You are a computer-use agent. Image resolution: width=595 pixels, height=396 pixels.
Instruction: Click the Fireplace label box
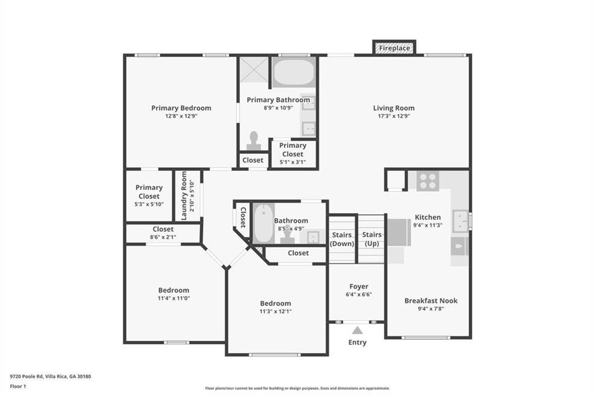tap(395, 48)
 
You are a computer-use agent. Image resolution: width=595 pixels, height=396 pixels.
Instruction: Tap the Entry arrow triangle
tap(357, 330)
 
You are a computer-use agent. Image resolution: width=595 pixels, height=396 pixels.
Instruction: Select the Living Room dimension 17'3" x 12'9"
tap(394, 116)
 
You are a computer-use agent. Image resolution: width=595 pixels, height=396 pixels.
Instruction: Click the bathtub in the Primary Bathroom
tap(293, 73)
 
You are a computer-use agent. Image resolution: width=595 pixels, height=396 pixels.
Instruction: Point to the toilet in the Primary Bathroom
tap(253, 141)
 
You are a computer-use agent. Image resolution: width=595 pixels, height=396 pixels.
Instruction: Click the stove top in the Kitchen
tap(428, 181)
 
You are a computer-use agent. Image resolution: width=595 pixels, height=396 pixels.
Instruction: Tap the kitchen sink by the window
tap(460, 221)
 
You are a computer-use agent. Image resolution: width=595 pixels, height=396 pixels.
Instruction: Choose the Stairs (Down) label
tap(342, 239)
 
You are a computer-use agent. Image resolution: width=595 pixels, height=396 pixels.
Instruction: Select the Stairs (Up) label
tap(372, 239)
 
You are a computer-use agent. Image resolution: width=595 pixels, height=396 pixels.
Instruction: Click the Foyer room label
tap(359, 286)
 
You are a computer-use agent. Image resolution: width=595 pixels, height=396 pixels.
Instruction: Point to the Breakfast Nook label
tap(431, 300)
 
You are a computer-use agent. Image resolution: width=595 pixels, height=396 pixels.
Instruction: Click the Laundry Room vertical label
tap(184, 195)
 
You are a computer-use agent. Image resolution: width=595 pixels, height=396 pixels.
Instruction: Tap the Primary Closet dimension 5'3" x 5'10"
tap(149, 204)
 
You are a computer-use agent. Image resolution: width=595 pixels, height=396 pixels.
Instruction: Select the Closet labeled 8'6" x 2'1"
tap(163, 233)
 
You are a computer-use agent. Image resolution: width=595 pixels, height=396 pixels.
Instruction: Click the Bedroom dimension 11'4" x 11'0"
tap(174, 298)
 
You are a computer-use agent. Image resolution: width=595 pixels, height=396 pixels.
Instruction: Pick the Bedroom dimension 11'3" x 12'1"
tap(275, 311)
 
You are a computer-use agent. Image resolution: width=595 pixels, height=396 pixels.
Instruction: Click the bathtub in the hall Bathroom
tap(264, 224)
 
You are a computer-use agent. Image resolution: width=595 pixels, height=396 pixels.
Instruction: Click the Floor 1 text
tap(18, 387)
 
